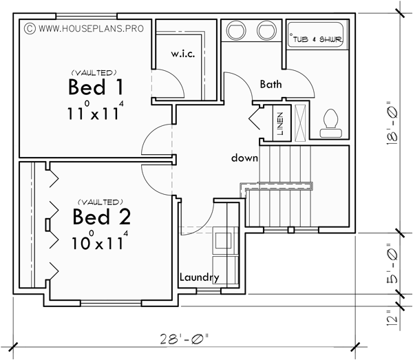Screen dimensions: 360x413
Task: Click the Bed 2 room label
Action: coord(103,218)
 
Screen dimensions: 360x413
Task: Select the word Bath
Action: coord(271,84)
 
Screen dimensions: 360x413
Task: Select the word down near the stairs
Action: coord(244,158)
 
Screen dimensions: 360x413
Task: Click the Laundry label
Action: coord(199,278)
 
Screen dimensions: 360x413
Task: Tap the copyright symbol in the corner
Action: coord(29,30)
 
